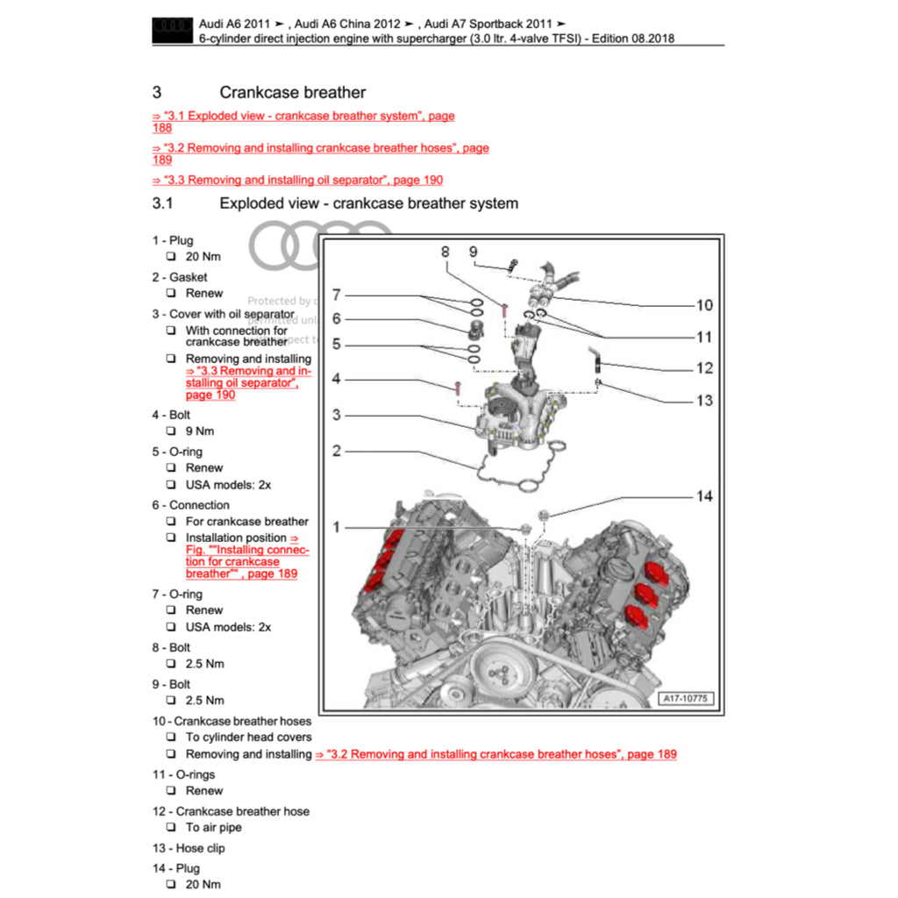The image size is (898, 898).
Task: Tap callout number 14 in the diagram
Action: click(x=704, y=496)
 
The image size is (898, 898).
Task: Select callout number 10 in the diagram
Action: click(x=704, y=305)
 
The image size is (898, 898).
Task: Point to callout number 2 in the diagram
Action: click(x=337, y=452)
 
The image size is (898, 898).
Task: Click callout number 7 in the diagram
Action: click(x=337, y=296)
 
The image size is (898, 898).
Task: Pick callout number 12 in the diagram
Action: click(x=704, y=368)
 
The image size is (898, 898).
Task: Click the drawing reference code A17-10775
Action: click(x=687, y=699)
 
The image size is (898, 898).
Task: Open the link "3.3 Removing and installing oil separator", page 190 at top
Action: click(x=297, y=180)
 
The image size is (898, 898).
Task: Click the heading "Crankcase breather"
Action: click(x=292, y=92)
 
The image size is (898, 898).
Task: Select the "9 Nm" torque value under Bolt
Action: click(x=199, y=431)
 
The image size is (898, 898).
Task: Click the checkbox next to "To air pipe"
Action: click(x=171, y=828)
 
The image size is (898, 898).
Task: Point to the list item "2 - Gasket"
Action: click(x=180, y=277)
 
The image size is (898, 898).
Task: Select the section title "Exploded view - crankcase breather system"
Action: click(x=368, y=203)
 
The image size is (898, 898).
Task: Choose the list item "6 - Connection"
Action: click(x=190, y=505)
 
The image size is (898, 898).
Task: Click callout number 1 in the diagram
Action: click(x=337, y=527)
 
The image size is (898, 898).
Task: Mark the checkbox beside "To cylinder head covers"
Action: click(x=171, y=738)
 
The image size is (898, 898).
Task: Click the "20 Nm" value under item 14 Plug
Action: click(x=203, y=885)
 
